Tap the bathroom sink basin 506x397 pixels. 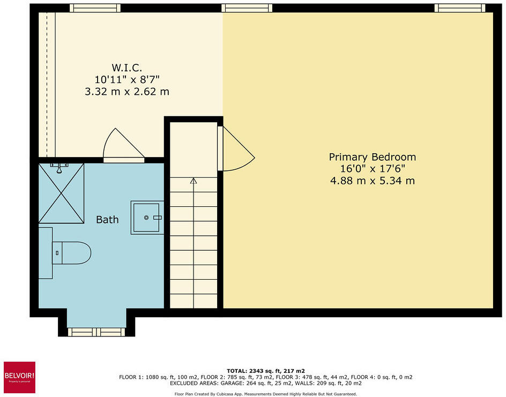146,218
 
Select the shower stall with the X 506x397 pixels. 61,193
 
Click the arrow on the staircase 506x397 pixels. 194,181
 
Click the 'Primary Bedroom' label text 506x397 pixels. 372,157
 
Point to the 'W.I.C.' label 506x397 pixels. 126,68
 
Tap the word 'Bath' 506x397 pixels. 107,220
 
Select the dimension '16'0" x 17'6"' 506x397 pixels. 372,169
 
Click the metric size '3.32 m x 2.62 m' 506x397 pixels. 127,91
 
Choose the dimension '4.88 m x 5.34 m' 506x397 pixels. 372,181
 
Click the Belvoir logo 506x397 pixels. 19,377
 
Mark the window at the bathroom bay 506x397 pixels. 96,332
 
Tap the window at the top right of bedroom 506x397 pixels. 459,8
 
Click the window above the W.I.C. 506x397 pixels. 95,8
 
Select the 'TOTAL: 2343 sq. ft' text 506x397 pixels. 266,371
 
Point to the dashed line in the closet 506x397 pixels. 47,80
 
